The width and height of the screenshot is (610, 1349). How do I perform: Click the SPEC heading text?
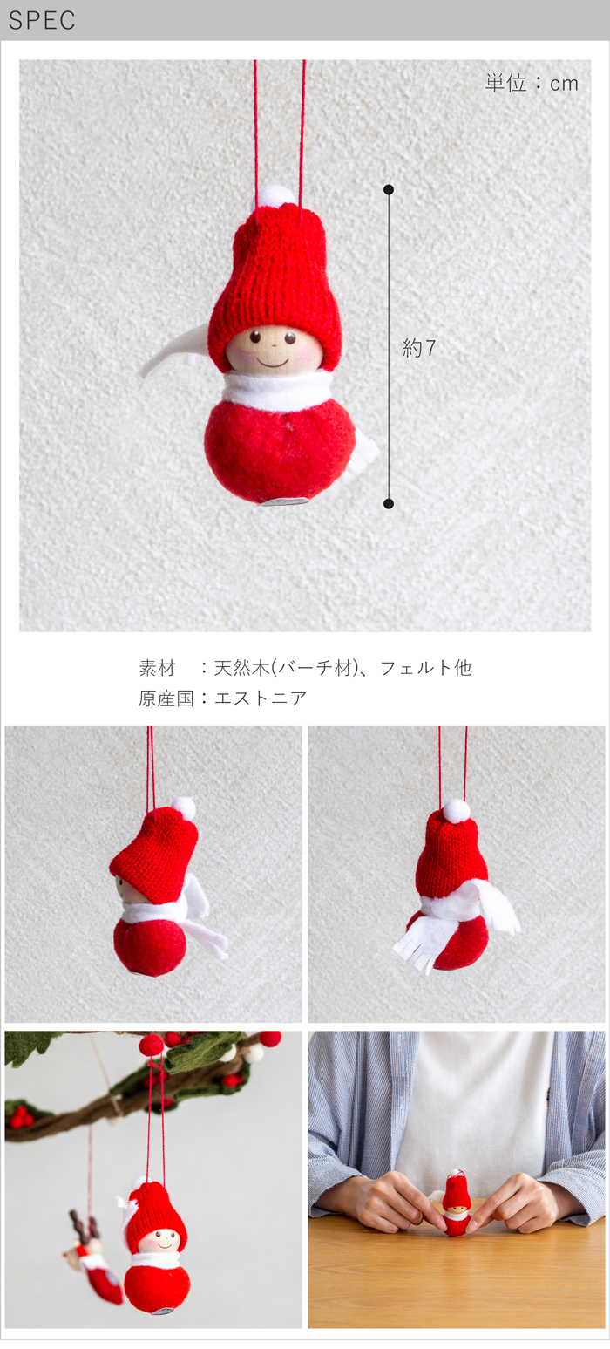pos(42,20)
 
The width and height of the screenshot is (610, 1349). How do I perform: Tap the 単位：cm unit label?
pos(532,83)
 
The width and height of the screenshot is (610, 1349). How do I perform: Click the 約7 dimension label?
pos(418,347)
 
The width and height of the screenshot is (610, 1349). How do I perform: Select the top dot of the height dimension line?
pos(389,190)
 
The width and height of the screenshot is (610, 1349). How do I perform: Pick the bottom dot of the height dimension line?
pos(389,503)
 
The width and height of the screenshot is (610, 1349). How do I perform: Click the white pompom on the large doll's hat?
pos(278,195)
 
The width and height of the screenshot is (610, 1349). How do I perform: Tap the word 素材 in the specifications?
pos(157,668)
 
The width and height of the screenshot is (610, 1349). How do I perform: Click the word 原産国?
pos(166,698)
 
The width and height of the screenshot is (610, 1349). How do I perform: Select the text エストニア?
pos(261,698)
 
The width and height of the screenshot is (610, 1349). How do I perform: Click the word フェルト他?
pos(426,668)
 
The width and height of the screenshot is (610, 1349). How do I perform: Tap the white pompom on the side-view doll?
pos(184,806)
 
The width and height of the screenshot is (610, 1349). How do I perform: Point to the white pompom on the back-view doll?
pos(456,809)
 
